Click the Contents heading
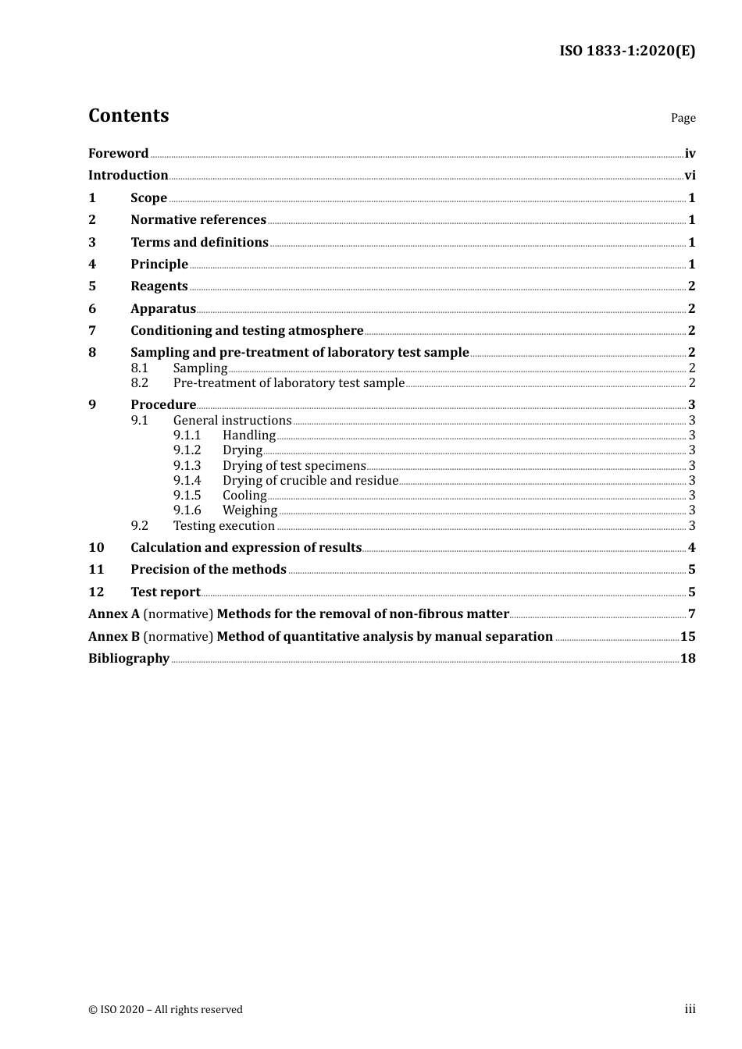pyautogui.click(x=128, y=116)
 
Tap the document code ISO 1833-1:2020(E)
pyautogui.click(x=626, y=52)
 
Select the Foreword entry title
pyautogui.click(x=118, y=154)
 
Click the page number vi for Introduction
pyautogui.click(x=690, y=176)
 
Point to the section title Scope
pyautogui.click(x=148, y=198)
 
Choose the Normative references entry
pyautogui.click(x=198, y=220)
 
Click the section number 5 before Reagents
pyautogui.click(x=92, y=286)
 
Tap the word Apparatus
pyautogui.click(x=162, y=309)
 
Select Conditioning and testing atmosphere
pyautogui.click(x=247, y=331)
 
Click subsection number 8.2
pyautogui.click(x=139, y=383)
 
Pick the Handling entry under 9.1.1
pyautogui.click(x=249, y=436)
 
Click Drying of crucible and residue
pyautogui.click(x=310, y=481)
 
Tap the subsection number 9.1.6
pyautogui.click(x=187, y=510)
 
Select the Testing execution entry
pyautogui.click(x=223, y=526)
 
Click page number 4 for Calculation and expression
pyautogui.click(x=691, y=548)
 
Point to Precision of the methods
pyautogui.click(x=208, y=570)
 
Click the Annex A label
pyautogui.click(x=113, y=614)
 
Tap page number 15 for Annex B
pyautogui.click(x=687, y=637)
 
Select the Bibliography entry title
pyautogui.click(x=129, y=659)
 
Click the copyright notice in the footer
pyautogui.click(x=166, y=1010)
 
